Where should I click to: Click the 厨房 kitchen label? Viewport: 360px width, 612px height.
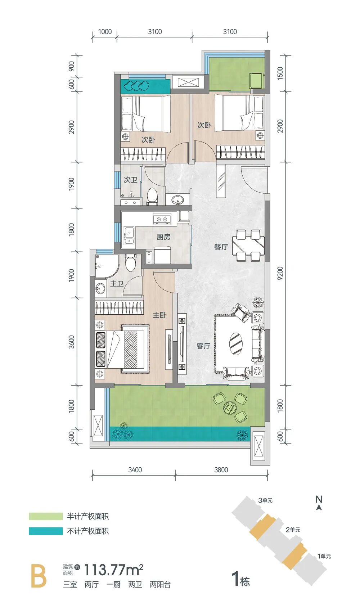click(x=163, y=237)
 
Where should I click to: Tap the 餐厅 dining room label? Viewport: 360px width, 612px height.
click(x=221, y=247)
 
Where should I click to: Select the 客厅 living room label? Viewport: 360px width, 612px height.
click(x=203, y=346)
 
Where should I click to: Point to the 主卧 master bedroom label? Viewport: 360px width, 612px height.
click(x=159, y=315)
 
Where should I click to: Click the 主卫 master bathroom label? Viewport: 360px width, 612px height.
click(x=117, y=284)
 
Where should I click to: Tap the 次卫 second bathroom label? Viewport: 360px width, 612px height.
click(x=130, y=180)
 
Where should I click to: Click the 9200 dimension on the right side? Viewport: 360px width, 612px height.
click(x=280, y=274)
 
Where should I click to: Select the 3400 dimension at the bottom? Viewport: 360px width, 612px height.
click(x=135, y=470)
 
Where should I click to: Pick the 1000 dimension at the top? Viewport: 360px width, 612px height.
click(x=105, y=32)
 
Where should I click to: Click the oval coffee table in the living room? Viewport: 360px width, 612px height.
click(x=235, y=344)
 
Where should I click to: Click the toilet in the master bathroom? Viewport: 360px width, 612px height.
click(x=131, y=262)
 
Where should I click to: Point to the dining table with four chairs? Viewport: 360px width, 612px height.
click(x=248, y=246)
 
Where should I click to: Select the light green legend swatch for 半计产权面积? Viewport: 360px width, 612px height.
click(x=46, y=516)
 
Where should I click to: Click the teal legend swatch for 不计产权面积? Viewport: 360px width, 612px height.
click(x=46, y=531)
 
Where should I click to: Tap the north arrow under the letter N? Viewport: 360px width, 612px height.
click(x=319, y=508)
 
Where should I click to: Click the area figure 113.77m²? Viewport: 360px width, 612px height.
click(x=114, y=570)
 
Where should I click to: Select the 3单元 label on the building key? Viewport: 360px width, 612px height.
click(x=265, y=500)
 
